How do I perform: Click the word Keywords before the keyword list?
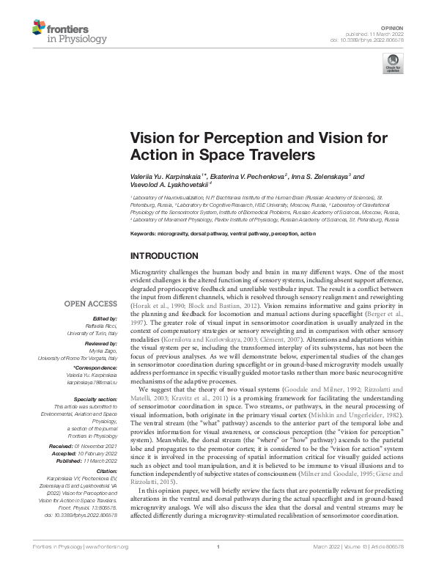[143, 232]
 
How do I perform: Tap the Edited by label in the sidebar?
[106, 318]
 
